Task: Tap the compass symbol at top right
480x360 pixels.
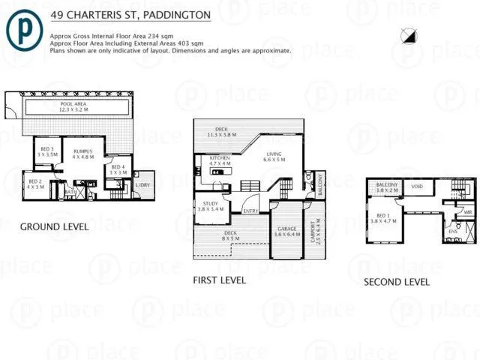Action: (408, 34)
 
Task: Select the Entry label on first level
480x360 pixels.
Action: (251, 211)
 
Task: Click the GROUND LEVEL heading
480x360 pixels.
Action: (54, 226)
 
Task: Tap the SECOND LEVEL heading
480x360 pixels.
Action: (397, 282)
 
